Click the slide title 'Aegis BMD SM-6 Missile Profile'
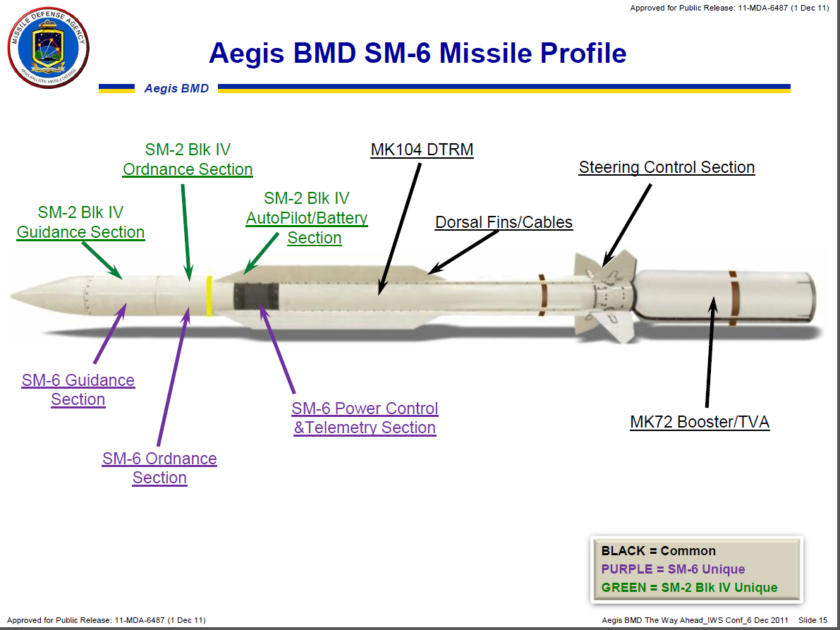(x=418, y=54)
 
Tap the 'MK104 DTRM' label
(x=422, y=150)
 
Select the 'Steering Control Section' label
(x=666, y=167)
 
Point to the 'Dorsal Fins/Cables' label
(x=504, y=222)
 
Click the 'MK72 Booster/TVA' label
(x=700, y=422)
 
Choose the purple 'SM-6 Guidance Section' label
(x=78, y=389)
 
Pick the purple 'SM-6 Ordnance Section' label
(x=159, y=468)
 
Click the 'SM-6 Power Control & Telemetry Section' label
(x=365, y=418)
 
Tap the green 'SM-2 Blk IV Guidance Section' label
(x=81, y=222)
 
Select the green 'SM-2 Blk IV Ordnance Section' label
(x=188, y=159)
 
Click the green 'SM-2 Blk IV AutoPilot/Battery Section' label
(x=307, y=218)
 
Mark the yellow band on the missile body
(x=209, y=296)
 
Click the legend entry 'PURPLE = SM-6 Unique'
(x=673, y=569)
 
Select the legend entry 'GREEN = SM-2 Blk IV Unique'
(x=689, y=588)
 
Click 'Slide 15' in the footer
(x=812, y=620)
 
